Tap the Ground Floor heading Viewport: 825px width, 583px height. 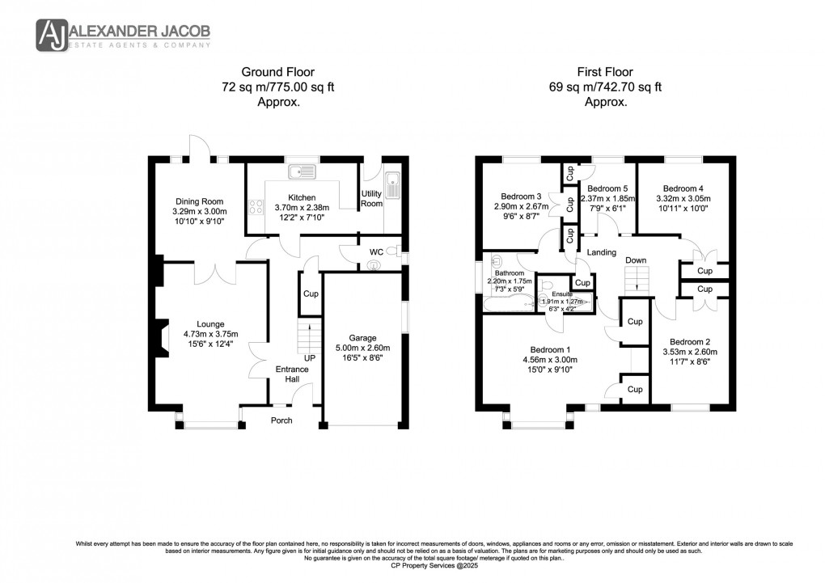click(x=267, y=72)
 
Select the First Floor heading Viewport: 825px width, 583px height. click(x=601, y=72)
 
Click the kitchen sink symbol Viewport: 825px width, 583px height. click(x=306, y=171)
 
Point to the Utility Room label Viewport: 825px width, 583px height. click(x=371, y=198)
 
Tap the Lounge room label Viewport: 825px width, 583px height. click(x=209, y=324)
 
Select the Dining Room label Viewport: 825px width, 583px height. click(x=199, y=201)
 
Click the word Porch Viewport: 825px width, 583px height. click(x=281, y=420)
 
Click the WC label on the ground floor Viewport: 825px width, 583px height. click(x=376, y=252)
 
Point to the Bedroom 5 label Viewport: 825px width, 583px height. click(x=607, y=188)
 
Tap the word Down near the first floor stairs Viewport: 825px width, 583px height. click(x=636, y=260)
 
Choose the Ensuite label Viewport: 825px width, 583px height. click(x=564, y=294)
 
